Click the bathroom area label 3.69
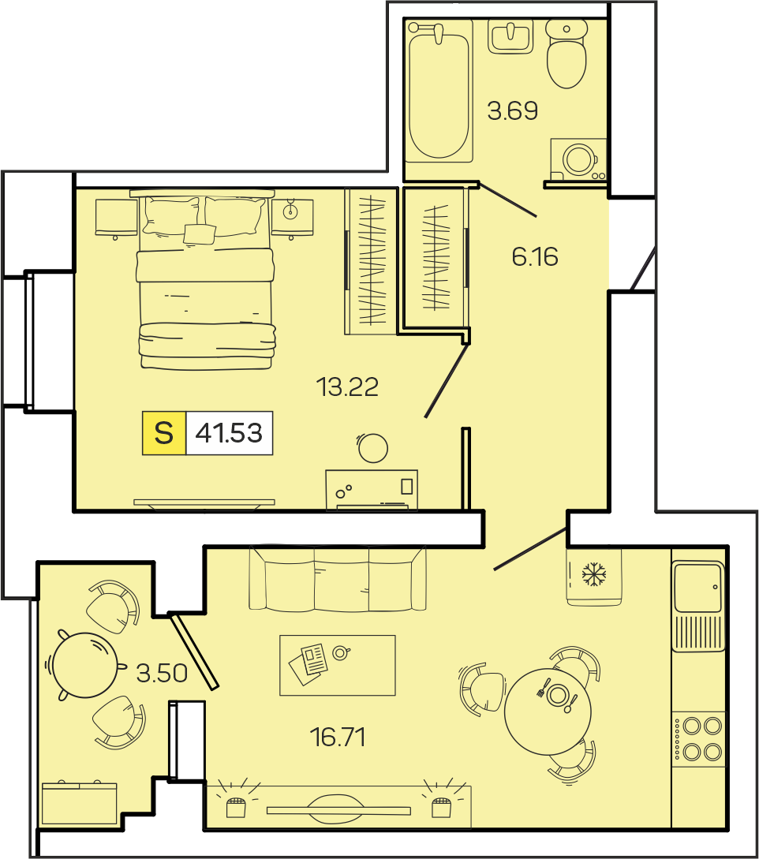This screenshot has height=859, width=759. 512,110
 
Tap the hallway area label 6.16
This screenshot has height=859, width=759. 535,256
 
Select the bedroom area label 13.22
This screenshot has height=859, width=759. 347,387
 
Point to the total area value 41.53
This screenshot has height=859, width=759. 229,433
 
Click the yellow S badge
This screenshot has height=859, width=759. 164,433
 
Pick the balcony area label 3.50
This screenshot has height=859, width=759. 162,672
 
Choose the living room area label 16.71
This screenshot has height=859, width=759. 337,737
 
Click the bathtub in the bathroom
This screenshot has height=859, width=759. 439,91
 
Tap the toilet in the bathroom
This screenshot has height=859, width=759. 566,54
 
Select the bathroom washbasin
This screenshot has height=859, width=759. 510,37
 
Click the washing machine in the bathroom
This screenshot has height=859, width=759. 578,159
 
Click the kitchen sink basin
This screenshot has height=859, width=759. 698,587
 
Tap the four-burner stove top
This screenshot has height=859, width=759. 699,739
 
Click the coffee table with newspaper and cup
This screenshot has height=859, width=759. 338,665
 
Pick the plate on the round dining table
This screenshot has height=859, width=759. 558,695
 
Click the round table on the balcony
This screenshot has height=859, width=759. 85,664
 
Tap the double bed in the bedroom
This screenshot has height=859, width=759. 205,279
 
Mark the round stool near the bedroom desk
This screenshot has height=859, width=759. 373,447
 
